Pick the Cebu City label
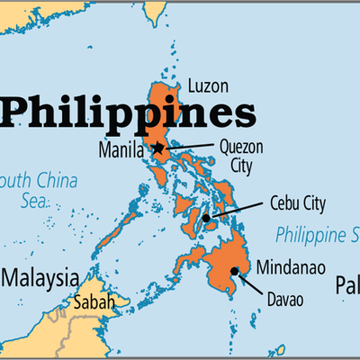coord(297,203)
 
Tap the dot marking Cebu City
coord(207,218)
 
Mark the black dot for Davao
coord(234,271)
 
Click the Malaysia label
coord(40,275)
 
